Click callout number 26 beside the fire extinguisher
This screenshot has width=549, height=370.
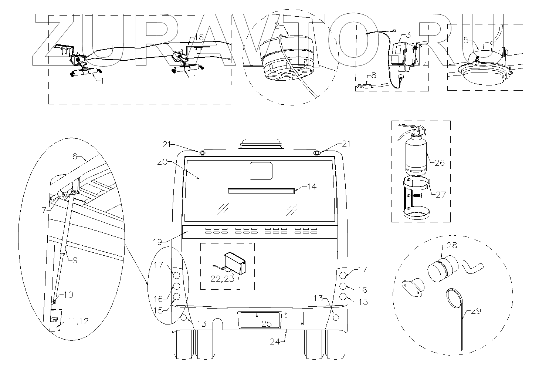point(439,162)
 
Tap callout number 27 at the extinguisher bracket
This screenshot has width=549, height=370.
point(441,194)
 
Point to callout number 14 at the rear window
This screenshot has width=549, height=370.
point(312,186)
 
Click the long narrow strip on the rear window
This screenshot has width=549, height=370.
point(261,191)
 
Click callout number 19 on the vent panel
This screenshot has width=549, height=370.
point(157,242)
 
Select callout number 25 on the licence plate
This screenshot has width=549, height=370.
point(267,324)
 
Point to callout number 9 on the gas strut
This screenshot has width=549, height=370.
point(75,260)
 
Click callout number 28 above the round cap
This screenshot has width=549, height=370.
point(452,245)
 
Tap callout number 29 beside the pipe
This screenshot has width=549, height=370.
point(476,311)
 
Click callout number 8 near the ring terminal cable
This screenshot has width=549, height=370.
point(373,75)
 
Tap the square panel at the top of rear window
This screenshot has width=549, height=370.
point(261,171)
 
